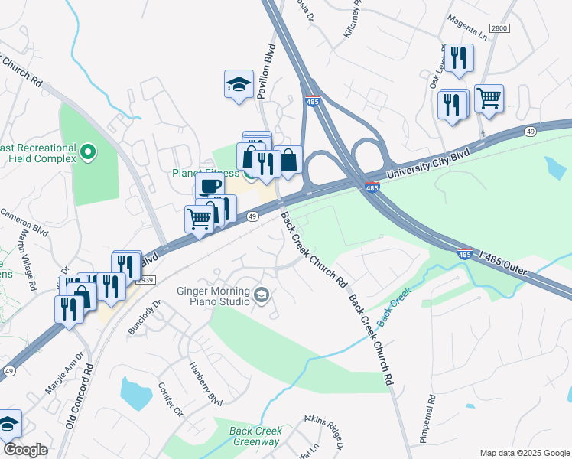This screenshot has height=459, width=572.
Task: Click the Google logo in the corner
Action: [25, 450]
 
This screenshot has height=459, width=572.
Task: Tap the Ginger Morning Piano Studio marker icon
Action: [262, 295]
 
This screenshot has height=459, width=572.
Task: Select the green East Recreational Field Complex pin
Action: [87, 153]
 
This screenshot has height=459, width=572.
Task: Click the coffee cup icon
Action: [210, 184]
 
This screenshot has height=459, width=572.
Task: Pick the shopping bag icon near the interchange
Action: [288, 161]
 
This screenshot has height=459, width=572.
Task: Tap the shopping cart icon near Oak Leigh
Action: [489, 98]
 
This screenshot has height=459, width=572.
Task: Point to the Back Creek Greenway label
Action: [255, 436]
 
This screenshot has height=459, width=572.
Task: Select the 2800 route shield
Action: [499, 28]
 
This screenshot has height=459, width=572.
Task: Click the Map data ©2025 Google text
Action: [524, 452]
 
